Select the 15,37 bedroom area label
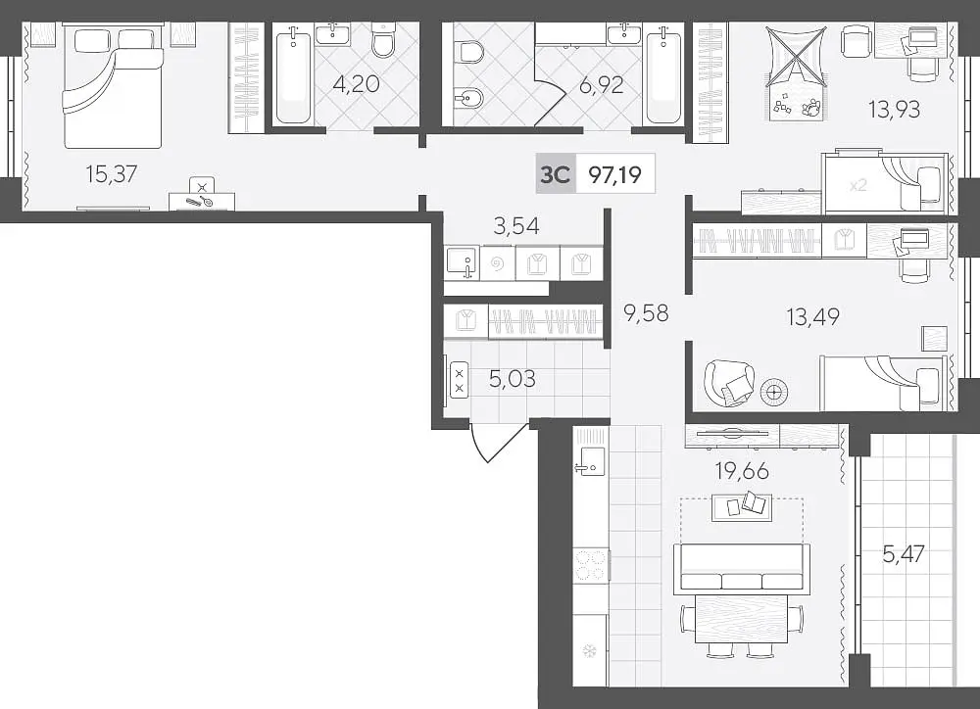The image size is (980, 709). [112, 173]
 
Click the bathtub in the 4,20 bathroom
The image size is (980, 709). [292, 77]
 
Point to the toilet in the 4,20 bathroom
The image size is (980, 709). [382, 39]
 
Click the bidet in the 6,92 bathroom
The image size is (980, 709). [466, 100]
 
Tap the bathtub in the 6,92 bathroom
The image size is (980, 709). [663, 77]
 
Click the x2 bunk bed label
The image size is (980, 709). [857, 185]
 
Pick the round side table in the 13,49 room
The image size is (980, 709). [774, 393]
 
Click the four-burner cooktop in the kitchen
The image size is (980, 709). [591, 565]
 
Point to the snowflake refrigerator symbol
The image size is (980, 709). [589, 651]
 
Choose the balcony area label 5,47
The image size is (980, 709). [904, 553]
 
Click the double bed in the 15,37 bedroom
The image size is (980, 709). [113, 86]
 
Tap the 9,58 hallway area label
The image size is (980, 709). [646, 311]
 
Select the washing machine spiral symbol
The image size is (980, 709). [498, 264]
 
